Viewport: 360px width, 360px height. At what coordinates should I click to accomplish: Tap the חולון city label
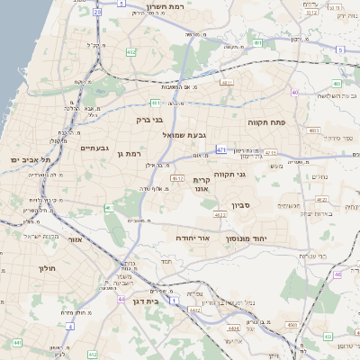pos(48,268)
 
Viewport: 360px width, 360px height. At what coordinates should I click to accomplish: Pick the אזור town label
pos(74,239)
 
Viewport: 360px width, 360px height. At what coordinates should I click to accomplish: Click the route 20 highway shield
pos(96,13)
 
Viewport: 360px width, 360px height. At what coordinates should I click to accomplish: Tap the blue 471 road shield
pos(221,149)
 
